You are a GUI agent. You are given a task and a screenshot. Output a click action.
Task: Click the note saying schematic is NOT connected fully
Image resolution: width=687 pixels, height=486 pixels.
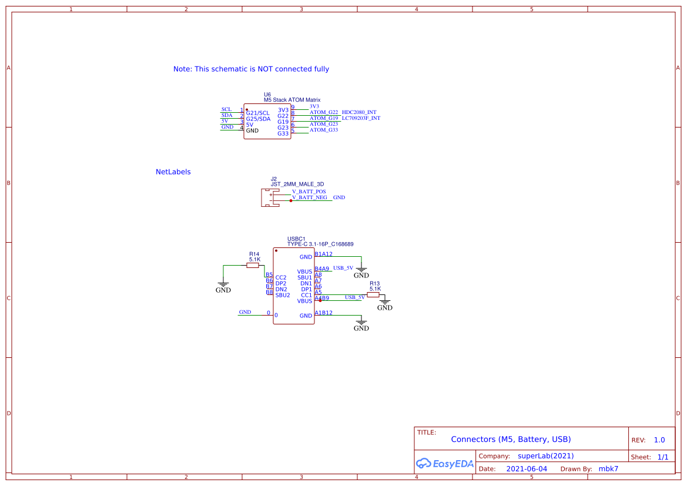coord(251,69)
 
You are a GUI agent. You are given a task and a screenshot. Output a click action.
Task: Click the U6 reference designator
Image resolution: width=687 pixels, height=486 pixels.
coord(267,95)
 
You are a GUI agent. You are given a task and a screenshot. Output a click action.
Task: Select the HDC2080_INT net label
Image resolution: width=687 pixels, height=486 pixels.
coord(359,112)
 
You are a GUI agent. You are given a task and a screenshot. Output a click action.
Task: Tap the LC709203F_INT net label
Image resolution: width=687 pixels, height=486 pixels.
coord(361,118)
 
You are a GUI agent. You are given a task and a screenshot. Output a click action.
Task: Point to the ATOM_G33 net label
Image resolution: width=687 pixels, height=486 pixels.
coord(324,130)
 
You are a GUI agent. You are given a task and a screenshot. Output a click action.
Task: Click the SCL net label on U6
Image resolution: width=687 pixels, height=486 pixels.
coord(226,110)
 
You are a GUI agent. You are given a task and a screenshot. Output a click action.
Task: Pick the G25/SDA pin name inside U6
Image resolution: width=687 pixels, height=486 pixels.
coord(258,119)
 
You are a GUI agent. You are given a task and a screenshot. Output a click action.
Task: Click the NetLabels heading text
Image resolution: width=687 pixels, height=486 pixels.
coord(173,172)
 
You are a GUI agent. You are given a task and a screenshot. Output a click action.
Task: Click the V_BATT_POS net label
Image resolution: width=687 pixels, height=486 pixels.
coord(309,192)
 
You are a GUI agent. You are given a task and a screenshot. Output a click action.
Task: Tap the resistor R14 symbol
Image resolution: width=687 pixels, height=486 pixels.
coord(253,266)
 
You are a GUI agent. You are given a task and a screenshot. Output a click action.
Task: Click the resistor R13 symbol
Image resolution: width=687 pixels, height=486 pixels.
coord(373,295)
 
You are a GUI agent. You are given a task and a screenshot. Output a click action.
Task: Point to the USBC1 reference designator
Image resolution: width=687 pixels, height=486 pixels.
coord(296,239)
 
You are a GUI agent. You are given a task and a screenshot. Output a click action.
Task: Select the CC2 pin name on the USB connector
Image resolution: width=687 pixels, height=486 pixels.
coord(281,277)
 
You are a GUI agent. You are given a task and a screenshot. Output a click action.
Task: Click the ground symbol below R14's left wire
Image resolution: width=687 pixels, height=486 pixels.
coord(223,287)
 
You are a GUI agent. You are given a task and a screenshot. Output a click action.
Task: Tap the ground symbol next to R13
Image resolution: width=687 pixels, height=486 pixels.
coord(385,305)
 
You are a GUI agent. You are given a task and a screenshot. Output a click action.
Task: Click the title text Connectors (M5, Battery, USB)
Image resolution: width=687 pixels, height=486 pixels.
coord(511,440)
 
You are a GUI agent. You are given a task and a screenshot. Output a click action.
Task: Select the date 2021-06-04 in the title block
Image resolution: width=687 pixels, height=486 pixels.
coord(527,469)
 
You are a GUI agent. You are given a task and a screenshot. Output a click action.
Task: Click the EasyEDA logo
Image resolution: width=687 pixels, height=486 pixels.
coord(444,463)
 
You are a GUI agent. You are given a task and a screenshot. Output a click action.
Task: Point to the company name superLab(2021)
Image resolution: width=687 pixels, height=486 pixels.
coord(545,456)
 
